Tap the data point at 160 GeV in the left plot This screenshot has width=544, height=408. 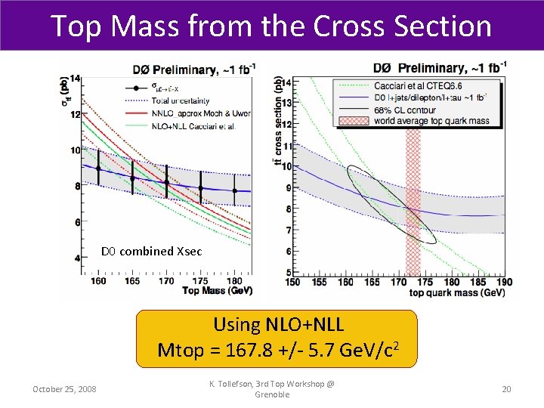[x=97, y=168]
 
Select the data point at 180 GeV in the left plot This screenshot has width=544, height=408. [x=235, y=190]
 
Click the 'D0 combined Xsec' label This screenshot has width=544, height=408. [x=151, y=252]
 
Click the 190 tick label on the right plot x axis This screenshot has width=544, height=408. [x=504, y=282]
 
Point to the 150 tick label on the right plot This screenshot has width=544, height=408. [x=292, y=282]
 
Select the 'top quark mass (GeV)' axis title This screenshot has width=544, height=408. [x=457, y=292]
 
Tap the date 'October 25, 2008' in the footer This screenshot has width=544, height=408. [x=64, y=388]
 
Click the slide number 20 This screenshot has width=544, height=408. [x=506, y=388]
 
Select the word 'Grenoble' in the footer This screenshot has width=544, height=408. [x=273, y=395]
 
